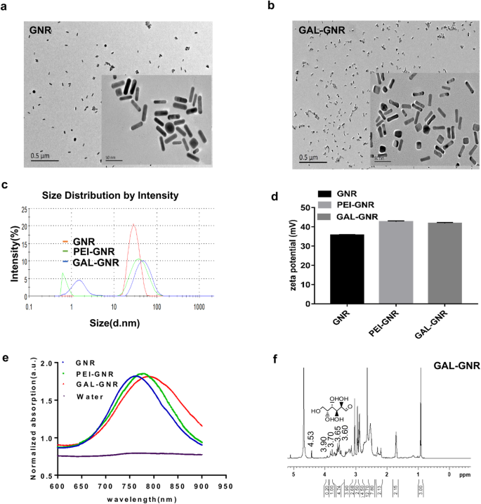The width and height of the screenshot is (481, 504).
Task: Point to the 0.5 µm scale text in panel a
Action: coord(43,155)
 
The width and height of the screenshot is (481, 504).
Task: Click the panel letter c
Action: coord(5,185)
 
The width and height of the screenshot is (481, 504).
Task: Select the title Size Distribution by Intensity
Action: coord(111,196)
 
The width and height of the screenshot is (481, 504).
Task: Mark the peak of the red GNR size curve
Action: coord(133,225)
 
